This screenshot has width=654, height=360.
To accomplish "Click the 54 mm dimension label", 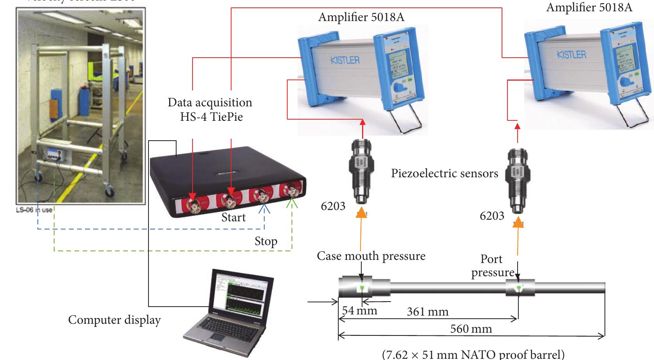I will coord(359,311).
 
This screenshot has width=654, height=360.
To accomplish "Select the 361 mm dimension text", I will coord(428,312).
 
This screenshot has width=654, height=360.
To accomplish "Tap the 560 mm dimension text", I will coord(471,329).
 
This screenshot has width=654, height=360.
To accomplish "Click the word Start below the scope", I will coord(233,217).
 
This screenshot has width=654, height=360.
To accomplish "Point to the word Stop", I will coord(266,241).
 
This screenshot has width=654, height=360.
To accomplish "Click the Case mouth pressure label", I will coord(371,256).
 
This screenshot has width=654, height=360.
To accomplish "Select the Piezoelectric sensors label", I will coord(444,173).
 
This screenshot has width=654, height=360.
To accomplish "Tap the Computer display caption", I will coord(114,320).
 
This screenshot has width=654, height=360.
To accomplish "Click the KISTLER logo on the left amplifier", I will coord(345,60).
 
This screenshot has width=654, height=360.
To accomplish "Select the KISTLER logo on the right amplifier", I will coord(571,55).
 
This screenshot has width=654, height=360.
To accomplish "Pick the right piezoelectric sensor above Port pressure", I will coord(518,181).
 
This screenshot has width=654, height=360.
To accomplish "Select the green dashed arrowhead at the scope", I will coord(292,204).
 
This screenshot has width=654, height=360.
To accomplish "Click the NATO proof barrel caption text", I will coord(473,354).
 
